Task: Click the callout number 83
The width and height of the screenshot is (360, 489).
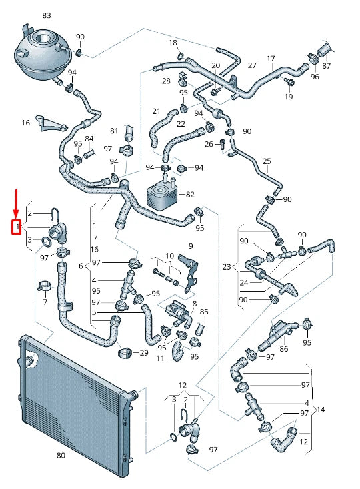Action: (x=46, y=15)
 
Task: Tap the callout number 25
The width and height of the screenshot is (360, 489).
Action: (x=267, y=161)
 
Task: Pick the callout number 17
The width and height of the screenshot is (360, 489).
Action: (x=271, y=59)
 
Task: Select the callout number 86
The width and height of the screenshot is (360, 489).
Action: (x=284, y=348)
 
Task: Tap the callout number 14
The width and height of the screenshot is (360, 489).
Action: (x=321, y=409)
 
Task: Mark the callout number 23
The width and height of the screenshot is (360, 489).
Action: (x=227, y=267)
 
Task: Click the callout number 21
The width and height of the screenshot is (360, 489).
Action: (x=156, y=111)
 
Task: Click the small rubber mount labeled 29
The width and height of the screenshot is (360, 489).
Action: (x=123, y=351)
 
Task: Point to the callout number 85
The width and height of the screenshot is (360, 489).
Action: (x=204, y=311)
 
